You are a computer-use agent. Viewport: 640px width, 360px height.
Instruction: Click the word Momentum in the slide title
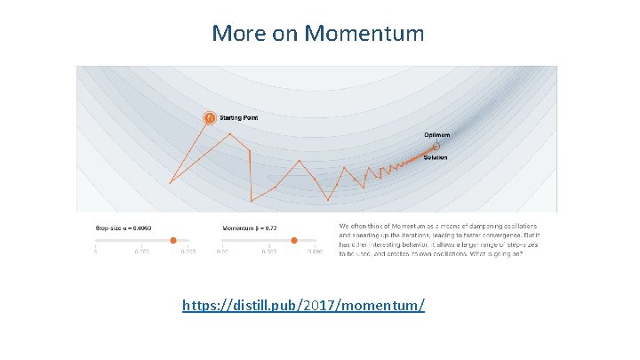pyautogui.click(x=364, y=34)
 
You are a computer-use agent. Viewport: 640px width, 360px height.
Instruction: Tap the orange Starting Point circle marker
pyautogui.click(x=208, y=117)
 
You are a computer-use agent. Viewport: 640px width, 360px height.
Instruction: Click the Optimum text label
pyautogui.click(x=436, y=135)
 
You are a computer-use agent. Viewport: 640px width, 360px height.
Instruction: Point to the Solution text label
pyautogui.click(x=435, y=157)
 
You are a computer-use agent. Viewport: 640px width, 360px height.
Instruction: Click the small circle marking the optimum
pyautogui.click(x=436, y=146)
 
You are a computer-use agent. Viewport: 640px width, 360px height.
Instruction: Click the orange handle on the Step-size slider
pyautogui.click(x=172, y=239)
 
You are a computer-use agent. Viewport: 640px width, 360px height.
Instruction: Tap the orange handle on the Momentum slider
pyautogui.click(x=299, y=239)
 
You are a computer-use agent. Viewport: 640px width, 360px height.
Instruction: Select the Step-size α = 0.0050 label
pyautogui.click(x=124, y=228)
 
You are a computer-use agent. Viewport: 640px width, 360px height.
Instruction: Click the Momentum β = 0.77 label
pyautogui.click(x=249, y=228)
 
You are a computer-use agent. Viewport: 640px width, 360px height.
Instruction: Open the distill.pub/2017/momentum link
pyautogui.click(x=303, y=305)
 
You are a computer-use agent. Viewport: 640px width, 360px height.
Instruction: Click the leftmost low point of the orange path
pyautogui.click(x=170, y=183)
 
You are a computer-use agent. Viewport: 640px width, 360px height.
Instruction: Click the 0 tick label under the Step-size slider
pyautogui.click(x=96, y=252)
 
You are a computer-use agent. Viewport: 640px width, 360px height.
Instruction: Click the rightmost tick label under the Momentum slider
pyautogui.click(x=315, y=252)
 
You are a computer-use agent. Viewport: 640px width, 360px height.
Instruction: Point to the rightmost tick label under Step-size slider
pyautogui.click(x=188, y=252)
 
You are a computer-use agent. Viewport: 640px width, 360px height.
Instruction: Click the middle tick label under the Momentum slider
pyautogui.click(x=269, y=252)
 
